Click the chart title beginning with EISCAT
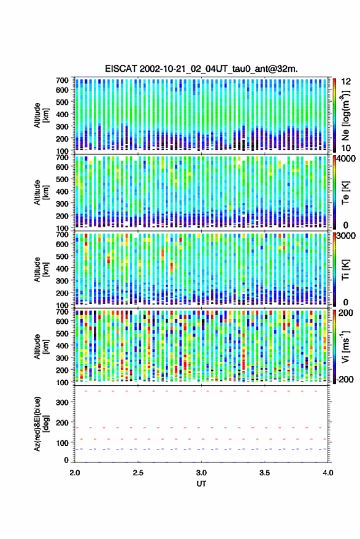click(x=202, y=69)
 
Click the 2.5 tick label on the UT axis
click(x=138, y=473)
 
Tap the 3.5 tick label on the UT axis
click(x=265, y=473)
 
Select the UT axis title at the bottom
click(x=202, y=484)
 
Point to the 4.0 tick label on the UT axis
click(x=328, y=473)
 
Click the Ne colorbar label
click(x=345, y=116)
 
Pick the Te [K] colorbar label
click(x=345, y=193)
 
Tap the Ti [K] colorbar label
click(x=345, y=270)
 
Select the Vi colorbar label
click(x=345, y=346)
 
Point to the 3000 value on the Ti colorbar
click(x=347, y=235)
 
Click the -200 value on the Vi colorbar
click(x=345, y=380)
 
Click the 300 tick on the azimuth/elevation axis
click(x=62, y=402)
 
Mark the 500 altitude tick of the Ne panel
click(x=62, y=102)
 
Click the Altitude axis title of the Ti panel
click(x=41, y=270)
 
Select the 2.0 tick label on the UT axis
click(x=75, y=473)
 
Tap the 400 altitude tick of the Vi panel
click(x=62, y=346)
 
